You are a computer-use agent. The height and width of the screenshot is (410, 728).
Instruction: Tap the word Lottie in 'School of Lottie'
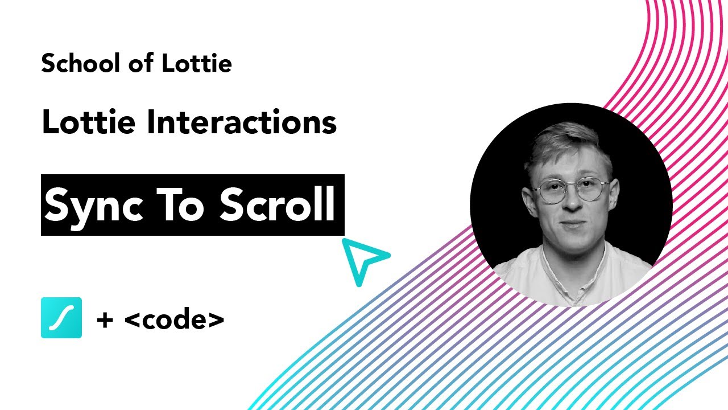(x=196, y=63)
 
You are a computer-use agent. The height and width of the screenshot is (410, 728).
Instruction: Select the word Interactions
(x=242, y=122)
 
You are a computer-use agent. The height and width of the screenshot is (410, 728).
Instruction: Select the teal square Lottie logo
(x=61, y=318)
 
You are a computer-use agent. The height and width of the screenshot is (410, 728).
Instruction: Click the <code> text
(x=174, y=319)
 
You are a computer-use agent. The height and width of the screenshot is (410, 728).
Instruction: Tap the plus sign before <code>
(x=104, y=320)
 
